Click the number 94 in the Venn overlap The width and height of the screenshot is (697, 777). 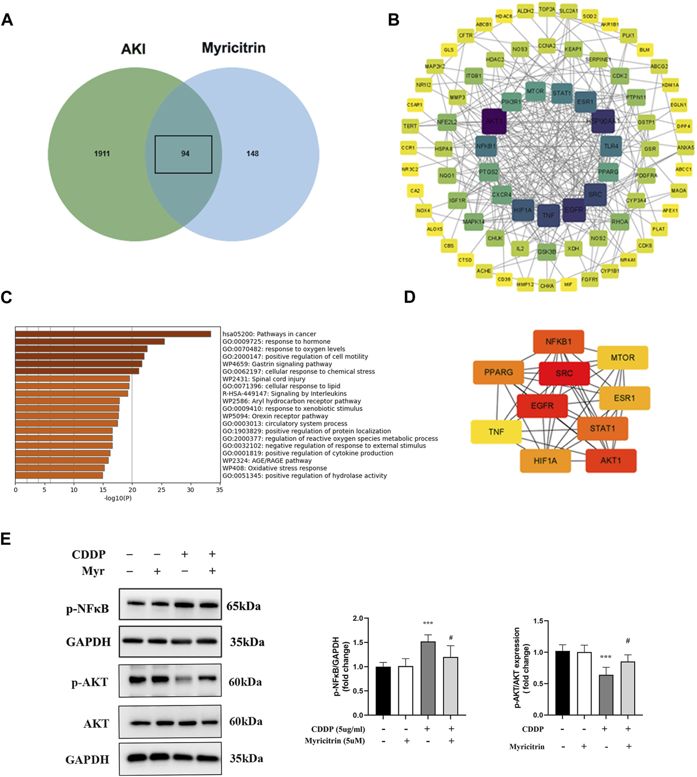click(x=185, y=153)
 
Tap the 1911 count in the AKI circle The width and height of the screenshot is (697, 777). click(x=102, y=153)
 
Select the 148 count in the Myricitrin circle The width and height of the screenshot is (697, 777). click(x=252, y=153)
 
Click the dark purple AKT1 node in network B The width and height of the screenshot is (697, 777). click(x=494, y=121)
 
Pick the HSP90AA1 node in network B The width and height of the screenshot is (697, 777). click(x=603, y=121)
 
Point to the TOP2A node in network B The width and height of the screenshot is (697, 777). click(x=547, y=9)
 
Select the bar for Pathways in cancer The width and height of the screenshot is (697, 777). click(x=113, y=334)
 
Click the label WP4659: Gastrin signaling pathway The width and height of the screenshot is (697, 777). click(x=277, y=364)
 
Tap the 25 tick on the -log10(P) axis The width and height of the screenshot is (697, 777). click(x=161, y=490)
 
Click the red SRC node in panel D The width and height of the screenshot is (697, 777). click(x=564, y=373)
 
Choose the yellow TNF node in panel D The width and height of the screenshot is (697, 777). click(x=496, y=432)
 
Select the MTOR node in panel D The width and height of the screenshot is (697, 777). click(x=622, y=358)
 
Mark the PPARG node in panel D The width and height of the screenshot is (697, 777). click(x=498, y=373)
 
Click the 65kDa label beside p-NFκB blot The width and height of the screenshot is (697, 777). click(x=243, y=606)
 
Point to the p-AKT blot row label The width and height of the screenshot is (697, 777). click(x=89, y=682)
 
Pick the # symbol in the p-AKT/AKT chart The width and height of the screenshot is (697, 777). click(x=628, y=641)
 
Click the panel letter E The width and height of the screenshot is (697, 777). click(x=6, y=539)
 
